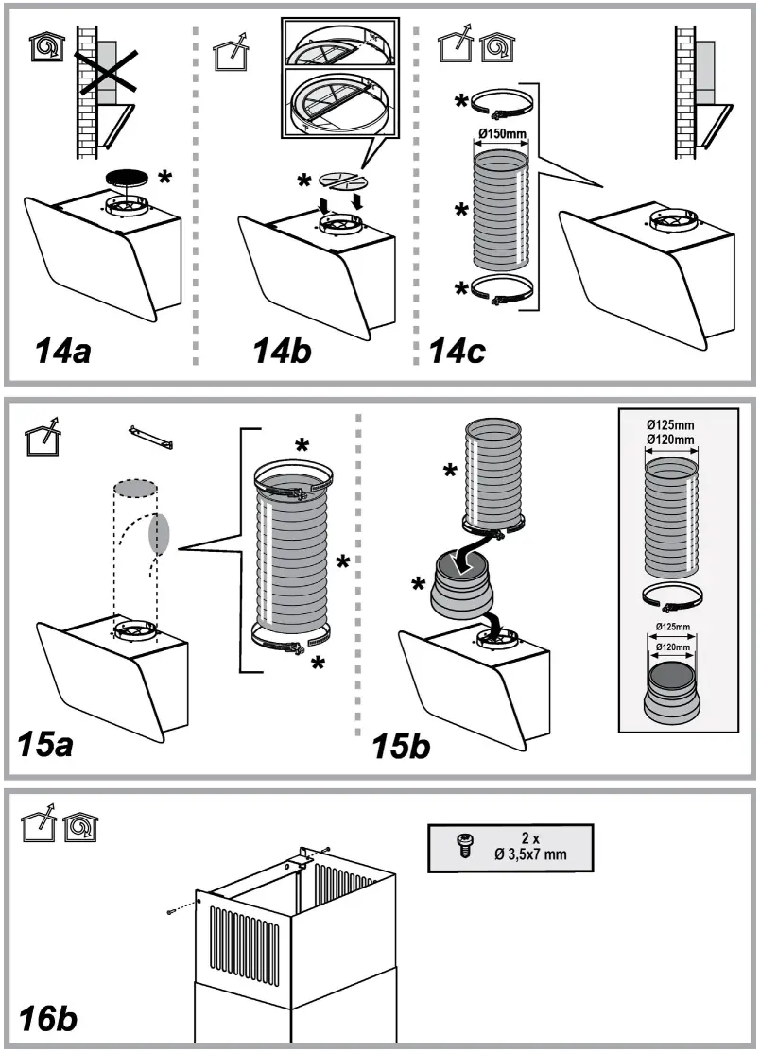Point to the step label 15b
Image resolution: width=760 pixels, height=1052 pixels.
click(403, 744)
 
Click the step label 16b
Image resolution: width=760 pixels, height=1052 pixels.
click(48, 1019)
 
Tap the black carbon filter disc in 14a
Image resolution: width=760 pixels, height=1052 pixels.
click(132, 177)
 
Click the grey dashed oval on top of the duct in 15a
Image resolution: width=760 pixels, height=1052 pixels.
click(135, 489)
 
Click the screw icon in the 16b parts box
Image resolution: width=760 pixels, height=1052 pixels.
click(464, 847)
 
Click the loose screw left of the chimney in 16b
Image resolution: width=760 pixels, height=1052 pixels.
click(170, 909)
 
